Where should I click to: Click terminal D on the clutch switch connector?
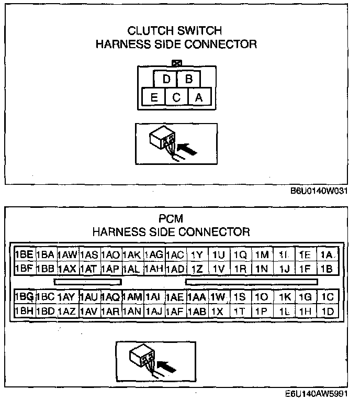pos(166,80)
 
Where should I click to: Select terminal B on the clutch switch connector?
pos(189,80)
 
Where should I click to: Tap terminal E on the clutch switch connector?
pos(154,97)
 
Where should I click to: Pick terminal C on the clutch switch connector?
pos(177,97)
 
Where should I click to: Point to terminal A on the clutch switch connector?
pos(199,97)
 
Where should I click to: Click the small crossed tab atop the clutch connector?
pos(177,63)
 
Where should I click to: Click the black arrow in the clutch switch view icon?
pos(189,149)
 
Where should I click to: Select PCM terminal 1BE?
pos(24,255)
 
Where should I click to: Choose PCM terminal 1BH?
pos(24,311)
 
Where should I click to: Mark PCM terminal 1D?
pos(328,311)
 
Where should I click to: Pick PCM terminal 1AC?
pos(175,255)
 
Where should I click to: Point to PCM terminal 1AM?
pos(132,297)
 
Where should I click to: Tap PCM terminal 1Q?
pos(240,255)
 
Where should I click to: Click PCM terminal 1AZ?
pos(67,311)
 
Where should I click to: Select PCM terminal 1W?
pos(218,297)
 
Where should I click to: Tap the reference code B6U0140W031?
pos(320,191)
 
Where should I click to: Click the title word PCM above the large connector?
pos(171,218)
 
